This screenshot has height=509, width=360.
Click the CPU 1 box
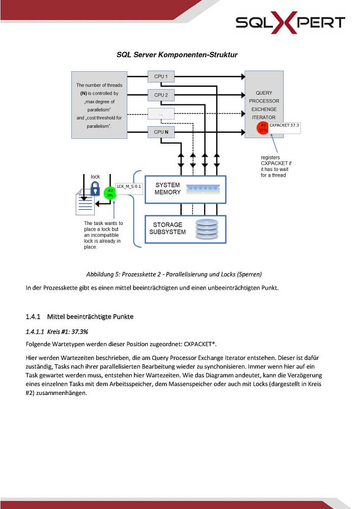point(161,77)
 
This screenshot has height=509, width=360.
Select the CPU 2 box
point(161,95)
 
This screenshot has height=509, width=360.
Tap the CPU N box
point(161,132)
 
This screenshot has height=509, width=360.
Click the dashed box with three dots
point(161,114)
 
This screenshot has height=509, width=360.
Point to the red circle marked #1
point(263,128)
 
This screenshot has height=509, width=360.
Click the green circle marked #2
point(110,193)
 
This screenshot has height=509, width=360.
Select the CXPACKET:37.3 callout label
point(284,128)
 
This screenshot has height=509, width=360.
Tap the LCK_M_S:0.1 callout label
point(129,189)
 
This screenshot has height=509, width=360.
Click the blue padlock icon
point(95,188)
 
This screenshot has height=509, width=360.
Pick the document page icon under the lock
point(86,203)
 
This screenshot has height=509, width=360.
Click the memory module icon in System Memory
point(203,189)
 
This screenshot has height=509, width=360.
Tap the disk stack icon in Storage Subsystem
point(207,229)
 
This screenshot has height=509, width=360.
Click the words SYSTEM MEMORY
point(168,189)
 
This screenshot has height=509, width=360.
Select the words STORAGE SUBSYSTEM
point(168,228)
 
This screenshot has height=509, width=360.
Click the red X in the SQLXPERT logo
point(284,22)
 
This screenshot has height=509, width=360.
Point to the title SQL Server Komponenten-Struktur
point(177,54)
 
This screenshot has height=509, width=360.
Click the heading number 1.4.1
point(33,317)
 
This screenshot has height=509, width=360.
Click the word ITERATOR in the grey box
point(264,118)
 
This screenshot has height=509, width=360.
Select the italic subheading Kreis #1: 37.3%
point(68,332)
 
